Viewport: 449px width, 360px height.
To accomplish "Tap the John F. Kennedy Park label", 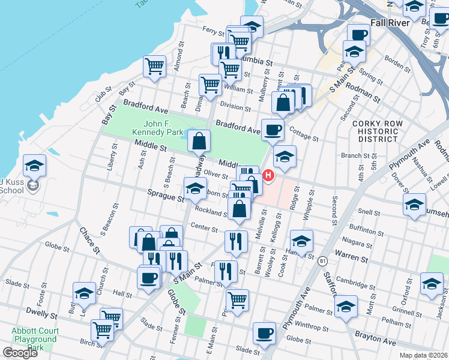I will pyautogui.click(x=158, y=128).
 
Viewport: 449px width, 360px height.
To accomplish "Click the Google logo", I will pyautogui.click(x=20, y=352).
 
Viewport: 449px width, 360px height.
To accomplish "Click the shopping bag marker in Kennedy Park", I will pyautogui.click(x=199, y=141).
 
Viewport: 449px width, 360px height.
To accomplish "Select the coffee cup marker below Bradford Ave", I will pyautogui.click(x=273, y=129).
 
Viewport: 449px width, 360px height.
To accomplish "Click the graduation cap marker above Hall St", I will pyautogui.click(x=84, y=293).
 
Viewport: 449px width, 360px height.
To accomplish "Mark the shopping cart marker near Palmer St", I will pyautogui.click(x=237, y=299).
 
